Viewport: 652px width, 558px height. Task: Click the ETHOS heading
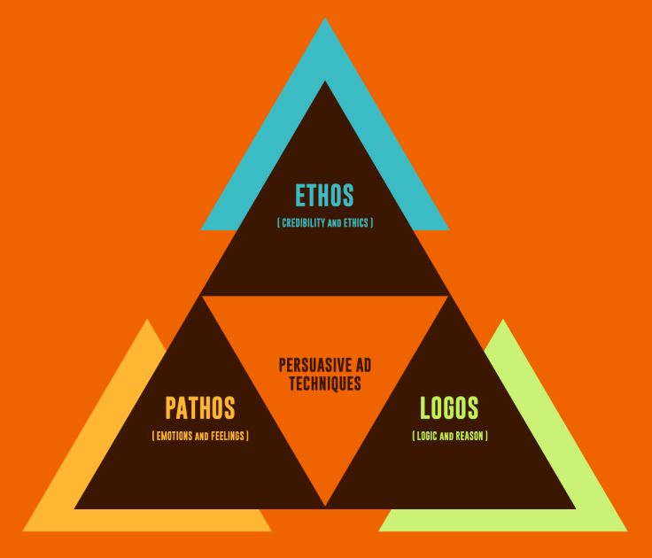[x=325, y=196]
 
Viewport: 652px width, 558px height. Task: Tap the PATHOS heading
[x=199, y=408]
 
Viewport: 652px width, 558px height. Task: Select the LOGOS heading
[x=449, y=408]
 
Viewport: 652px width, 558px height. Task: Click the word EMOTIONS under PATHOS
[x=177, y=436]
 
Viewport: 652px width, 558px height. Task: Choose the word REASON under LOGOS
[x=470, y=436]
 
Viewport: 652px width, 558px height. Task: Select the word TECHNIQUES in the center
[x=325, y=384]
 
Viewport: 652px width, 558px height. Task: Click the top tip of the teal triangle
[x=325, y=19]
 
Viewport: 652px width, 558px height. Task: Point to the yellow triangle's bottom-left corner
[x=24, y=531]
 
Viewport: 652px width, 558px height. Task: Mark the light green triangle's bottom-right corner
[x=626, y=531]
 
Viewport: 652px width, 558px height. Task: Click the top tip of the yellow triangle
[x=148, y=320]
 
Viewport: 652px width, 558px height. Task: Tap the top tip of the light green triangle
[x=502, y=320]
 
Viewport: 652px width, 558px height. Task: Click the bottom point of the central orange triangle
[x=325, y=507]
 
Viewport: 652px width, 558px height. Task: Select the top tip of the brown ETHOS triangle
[x=325, y=81]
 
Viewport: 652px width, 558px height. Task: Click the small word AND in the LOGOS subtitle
[x=448, y=437]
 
